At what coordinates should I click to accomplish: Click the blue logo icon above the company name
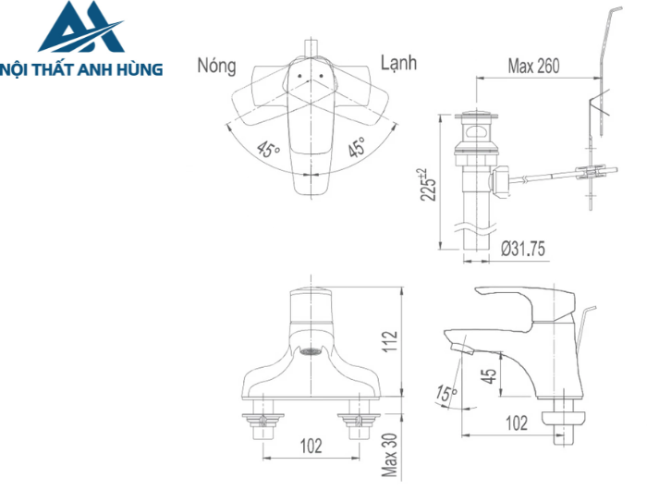tap(80, 28)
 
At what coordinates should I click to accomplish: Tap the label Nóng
tap(216, 66)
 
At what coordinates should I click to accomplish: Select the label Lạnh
tap(398, 63)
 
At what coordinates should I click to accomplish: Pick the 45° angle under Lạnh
tap(356, 147)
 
